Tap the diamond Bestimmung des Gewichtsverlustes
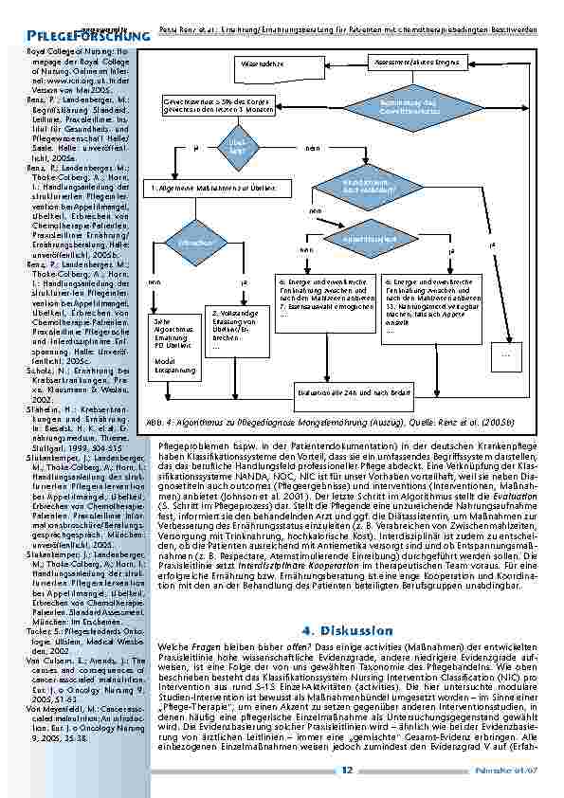(409, 106)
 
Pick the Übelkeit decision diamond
(237, 148)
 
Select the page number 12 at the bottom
(347, 770)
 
